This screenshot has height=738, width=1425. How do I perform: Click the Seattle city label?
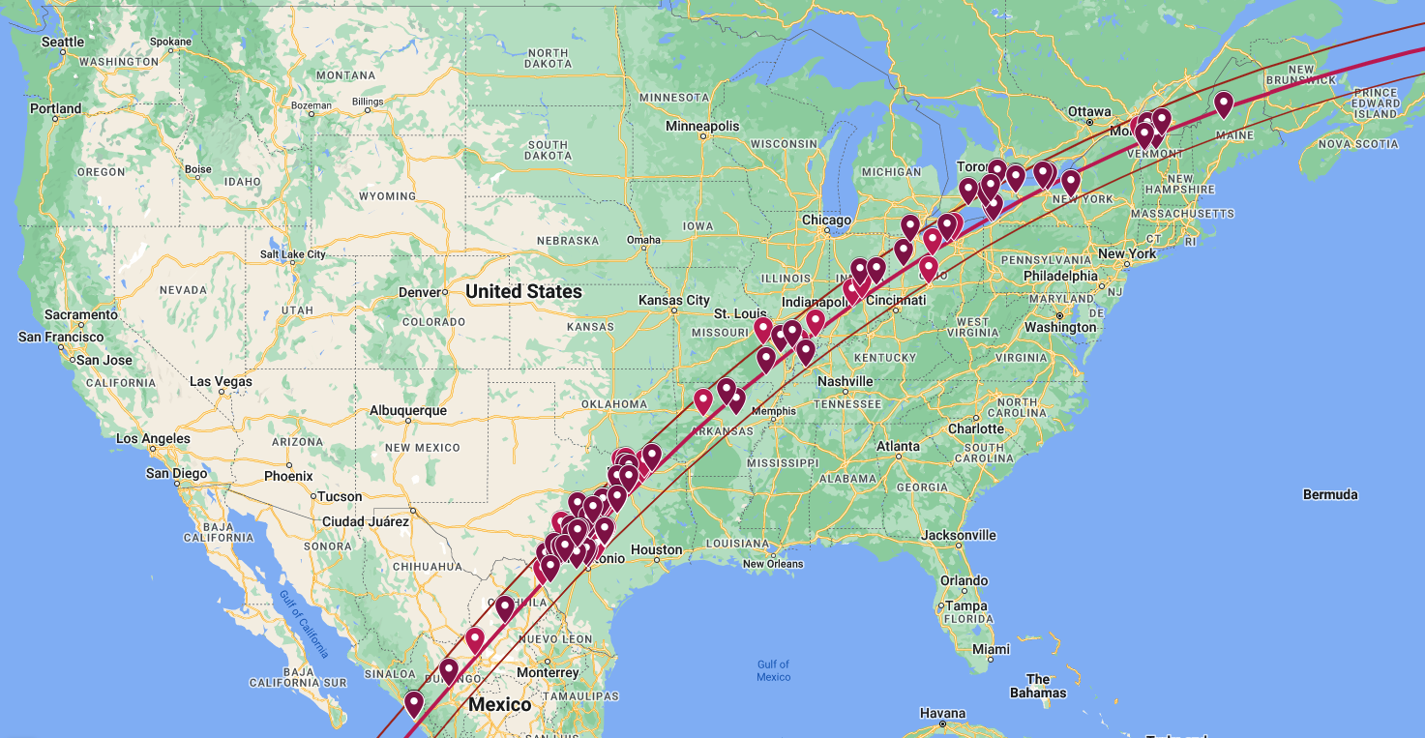click(x=63, y=42)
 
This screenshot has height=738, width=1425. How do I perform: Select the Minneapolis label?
click(x=702, y=127)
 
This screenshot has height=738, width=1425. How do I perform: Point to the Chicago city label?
click(x=825, y=221)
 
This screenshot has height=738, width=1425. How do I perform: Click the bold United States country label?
click(x=523, y=291)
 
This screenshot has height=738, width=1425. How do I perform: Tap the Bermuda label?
click(x=1329, y=494)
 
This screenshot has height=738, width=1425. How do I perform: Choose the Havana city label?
click(x=942, y=714)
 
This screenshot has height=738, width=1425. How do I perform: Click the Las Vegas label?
click(x=221, y=382)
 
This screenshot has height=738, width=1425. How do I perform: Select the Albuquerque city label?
click(x=408, y=410)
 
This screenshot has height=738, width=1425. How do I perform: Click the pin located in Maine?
click(x=1223, y=103)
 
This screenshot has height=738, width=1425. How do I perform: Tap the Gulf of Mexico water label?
click(x=773, y=670)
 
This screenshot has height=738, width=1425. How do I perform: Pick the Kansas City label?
click(x=673, y=301)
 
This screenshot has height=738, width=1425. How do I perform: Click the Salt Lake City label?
click(x=292, y=254)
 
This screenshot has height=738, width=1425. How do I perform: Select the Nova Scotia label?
click(x=1357, y=143)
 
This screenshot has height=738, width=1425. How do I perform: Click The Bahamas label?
click(x=1037, y=686)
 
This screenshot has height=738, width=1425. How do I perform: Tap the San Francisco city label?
click(x=61, y=337)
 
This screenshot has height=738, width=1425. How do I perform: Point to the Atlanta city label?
click(x=898, y=446)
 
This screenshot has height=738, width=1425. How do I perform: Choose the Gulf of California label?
click(x=304, y=625)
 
